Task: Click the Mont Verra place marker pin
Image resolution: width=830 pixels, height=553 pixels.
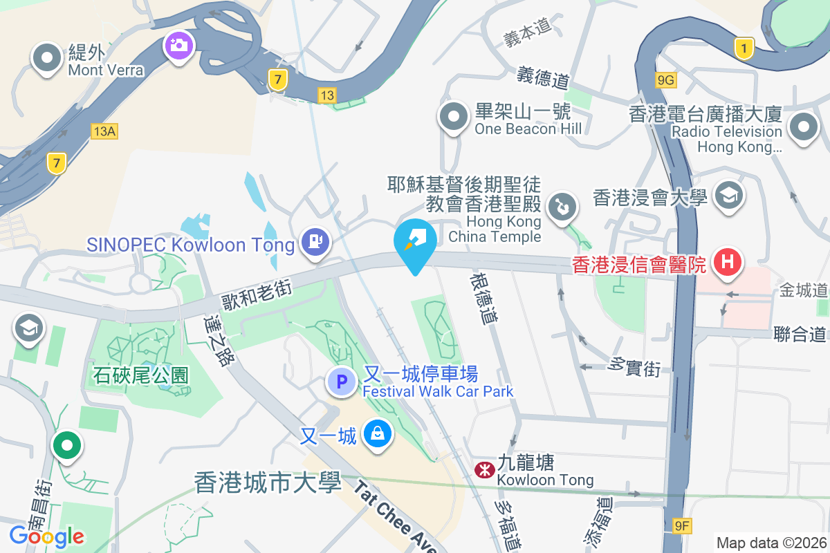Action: click(47, 58)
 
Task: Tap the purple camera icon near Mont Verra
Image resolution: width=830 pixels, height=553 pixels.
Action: click(178, 46)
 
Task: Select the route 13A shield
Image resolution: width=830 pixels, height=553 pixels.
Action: click(103, 131)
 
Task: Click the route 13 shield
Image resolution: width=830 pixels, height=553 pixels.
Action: click(327, 94)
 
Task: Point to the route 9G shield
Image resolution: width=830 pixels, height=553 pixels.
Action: click(665, 81)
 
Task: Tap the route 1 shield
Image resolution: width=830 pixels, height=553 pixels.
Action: click(744, 48)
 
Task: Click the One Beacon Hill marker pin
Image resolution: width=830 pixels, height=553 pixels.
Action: click(454, 117)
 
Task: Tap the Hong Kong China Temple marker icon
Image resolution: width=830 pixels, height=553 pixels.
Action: click(563, 207)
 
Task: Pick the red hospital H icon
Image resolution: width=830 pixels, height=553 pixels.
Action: click(727, 263)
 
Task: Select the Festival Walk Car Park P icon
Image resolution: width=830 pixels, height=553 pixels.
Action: click(341, 381)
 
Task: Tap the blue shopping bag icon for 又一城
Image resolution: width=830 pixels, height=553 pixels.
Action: click(378, 435)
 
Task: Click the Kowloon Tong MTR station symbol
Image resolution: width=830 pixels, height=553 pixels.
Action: click(484, 470)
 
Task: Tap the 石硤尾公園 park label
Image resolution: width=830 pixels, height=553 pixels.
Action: click(141, 375)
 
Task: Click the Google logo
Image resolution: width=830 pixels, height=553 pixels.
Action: click(47, 536)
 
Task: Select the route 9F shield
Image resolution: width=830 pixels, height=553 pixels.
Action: click(682, 526)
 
